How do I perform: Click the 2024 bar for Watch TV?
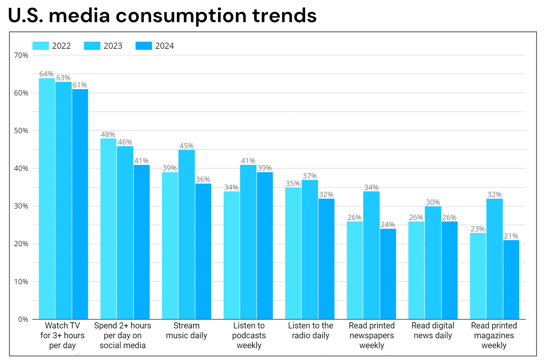click(x=80, y=204)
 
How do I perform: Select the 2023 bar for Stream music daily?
click(x=186, y=234)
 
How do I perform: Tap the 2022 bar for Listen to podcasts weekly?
click(x=231, y=255)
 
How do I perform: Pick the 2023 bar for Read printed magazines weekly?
click(x=494, y=259)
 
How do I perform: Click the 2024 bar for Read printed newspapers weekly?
click(x=388, y=274)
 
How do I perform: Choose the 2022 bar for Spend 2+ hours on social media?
click(x=108, y=229)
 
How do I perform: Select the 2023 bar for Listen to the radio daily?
click(x=310, y=250)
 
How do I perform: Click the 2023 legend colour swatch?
click(x=92, y=46)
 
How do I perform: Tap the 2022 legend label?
click(x=61, y=46)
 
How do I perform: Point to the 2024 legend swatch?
click(x=143, y=46)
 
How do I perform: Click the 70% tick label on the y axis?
click(x=21, y=55)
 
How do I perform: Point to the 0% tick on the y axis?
click(x=23, y=319)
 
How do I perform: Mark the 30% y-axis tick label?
click(x=21, y=206)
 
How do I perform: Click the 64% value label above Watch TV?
click(x=46, y=74)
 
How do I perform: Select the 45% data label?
click(x=186, y=146)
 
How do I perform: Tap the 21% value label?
click(x=511, y=236)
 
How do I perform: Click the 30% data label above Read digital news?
click(x=433, y=202)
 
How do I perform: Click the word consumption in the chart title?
click(x=181, y=16)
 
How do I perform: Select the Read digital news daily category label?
click(x=433, y=331)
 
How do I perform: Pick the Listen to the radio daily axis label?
click(x=310, y=331)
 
